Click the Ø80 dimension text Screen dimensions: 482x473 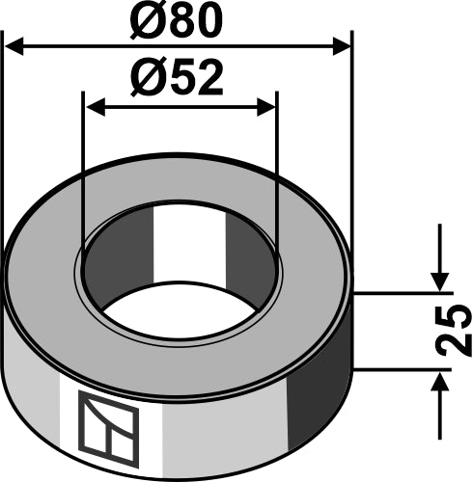180,21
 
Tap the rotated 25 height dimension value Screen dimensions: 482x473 456,331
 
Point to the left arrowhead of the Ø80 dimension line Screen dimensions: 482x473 16,45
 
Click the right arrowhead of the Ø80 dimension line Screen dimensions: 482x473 340,45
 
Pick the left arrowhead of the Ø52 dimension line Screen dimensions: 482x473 95,108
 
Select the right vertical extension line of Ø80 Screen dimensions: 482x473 352,145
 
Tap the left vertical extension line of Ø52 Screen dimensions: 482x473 84,174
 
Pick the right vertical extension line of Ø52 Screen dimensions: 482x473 277,174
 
